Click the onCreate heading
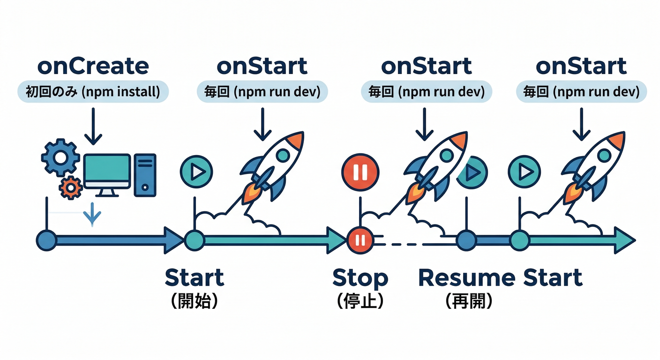point(93,66)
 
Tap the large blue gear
point(60,157)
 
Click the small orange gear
point(71,187)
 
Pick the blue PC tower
point(145,174)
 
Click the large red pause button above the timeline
point(360,172)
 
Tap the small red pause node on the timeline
point(360,240)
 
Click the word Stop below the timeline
point(360,278)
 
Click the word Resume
point(466,278)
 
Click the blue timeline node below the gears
point(46,240)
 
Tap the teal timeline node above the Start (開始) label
point(194,240)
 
